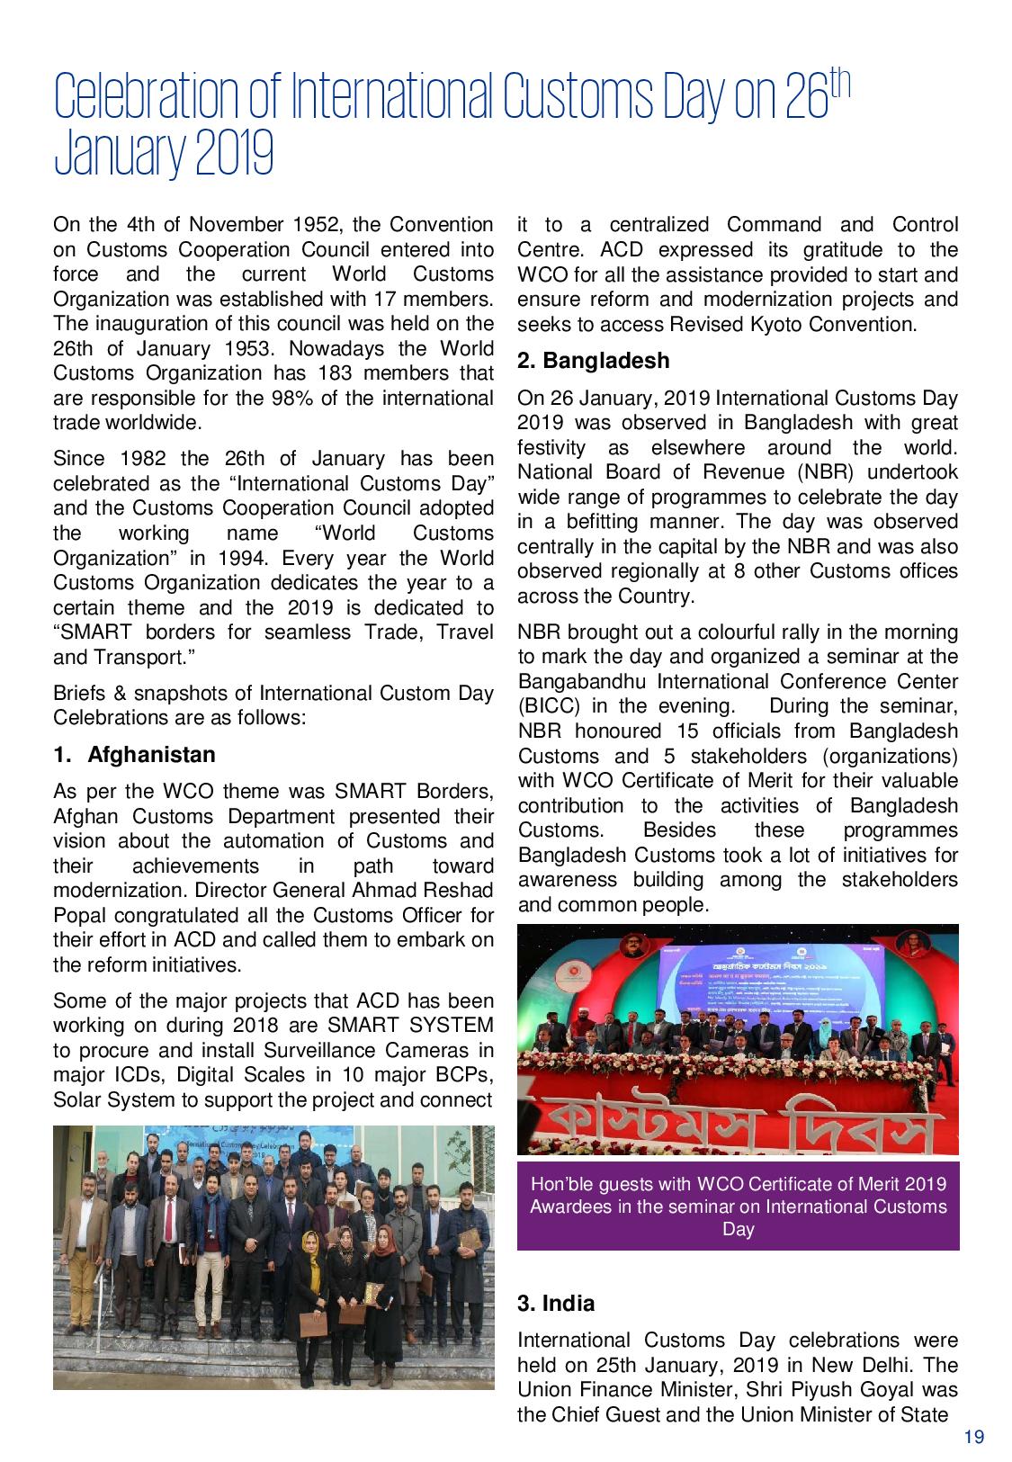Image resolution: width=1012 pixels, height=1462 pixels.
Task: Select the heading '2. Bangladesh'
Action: click(x=593, y=361)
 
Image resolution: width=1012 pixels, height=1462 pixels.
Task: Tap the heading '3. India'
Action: click(x=556, y=1303)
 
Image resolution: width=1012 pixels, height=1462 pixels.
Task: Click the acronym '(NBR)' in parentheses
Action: click(x=826, y=472)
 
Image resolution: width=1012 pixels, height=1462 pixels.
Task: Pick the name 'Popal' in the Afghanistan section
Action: click(x=78, y=916)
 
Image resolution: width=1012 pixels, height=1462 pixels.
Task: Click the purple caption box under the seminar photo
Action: click(x=738, y=1206)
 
